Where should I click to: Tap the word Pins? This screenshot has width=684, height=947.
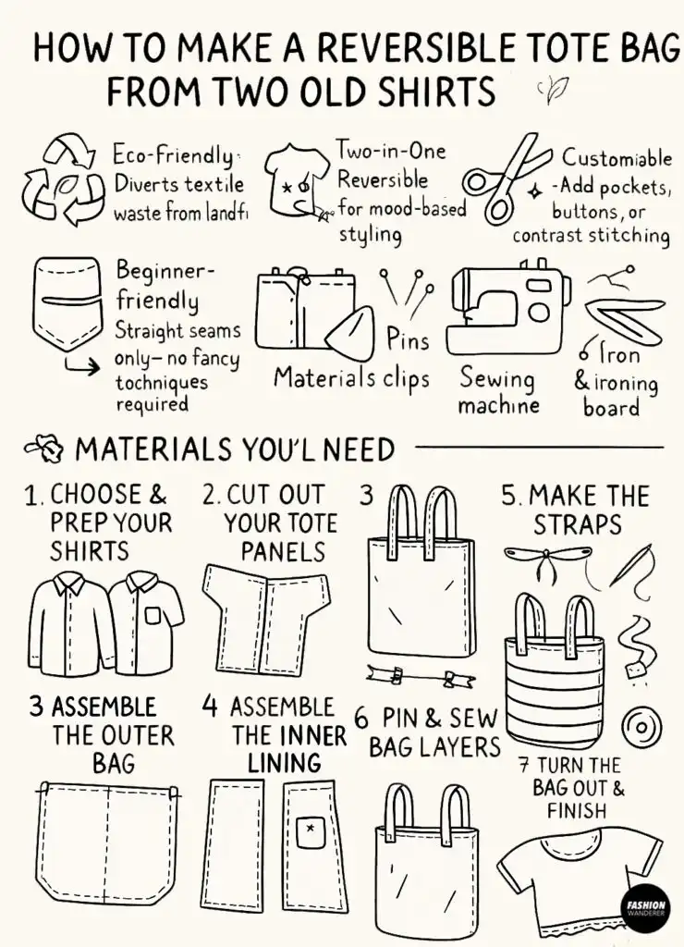pos(408,341)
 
